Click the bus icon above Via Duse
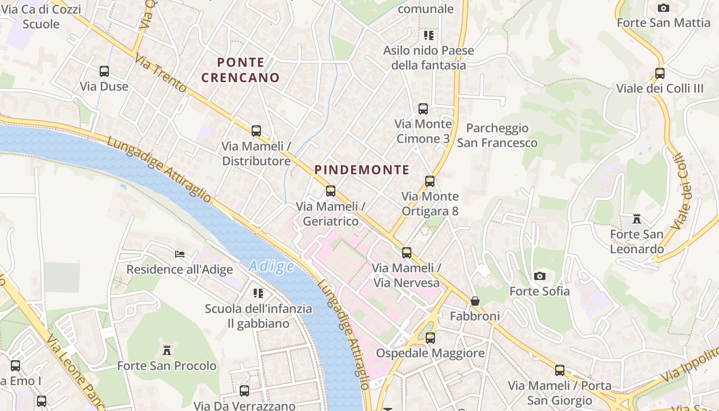click(104, 71)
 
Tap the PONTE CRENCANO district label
click(240, 70)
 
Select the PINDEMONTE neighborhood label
click(362, 170)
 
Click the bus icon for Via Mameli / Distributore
click(256, 131)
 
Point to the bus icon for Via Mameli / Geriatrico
click(331, 191)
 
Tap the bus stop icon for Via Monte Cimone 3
click(423, 109)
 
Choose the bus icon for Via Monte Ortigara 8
click(430, 181)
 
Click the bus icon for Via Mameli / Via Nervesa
click(407, 253)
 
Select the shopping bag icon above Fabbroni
click(475, 301)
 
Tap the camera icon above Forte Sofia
click(539, 276)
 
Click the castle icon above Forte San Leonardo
click(637, 219)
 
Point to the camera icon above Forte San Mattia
click(664, 8)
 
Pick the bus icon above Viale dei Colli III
click(660, 73)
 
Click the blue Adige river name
click(272, 266)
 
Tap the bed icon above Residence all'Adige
click(180, 254)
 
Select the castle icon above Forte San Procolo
click(167, 350)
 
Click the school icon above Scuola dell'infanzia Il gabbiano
click(258, 293)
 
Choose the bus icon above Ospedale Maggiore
click(430, 338)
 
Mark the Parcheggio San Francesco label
click(497, 136)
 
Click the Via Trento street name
click(161, 74)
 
